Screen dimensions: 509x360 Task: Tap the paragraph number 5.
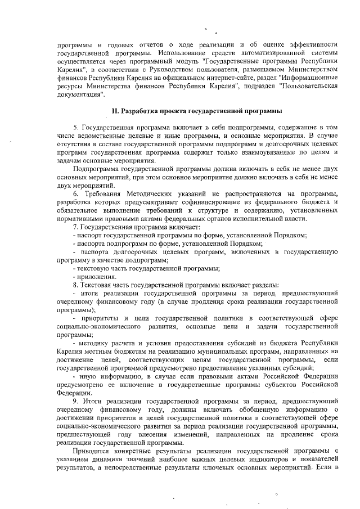[x=76, y=128]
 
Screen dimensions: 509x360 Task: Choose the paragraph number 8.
[x=76, y=285]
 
